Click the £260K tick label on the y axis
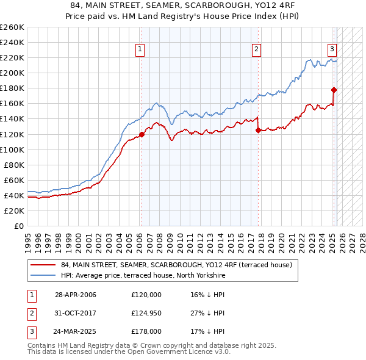coord(12,27)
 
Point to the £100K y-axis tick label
coord(12,149)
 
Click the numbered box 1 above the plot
coord(140,49)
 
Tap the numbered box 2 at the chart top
coord(256,49)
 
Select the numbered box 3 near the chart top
coord(332,49)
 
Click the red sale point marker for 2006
coord(142,134)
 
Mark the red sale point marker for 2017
coord(259,130)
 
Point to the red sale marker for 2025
coord(334,90)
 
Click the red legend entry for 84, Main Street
coord(177,265)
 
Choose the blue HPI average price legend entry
coord(143,276)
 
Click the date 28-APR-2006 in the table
coord(76,295)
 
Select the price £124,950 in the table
coord(146,313)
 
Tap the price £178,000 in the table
coord(146,331)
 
